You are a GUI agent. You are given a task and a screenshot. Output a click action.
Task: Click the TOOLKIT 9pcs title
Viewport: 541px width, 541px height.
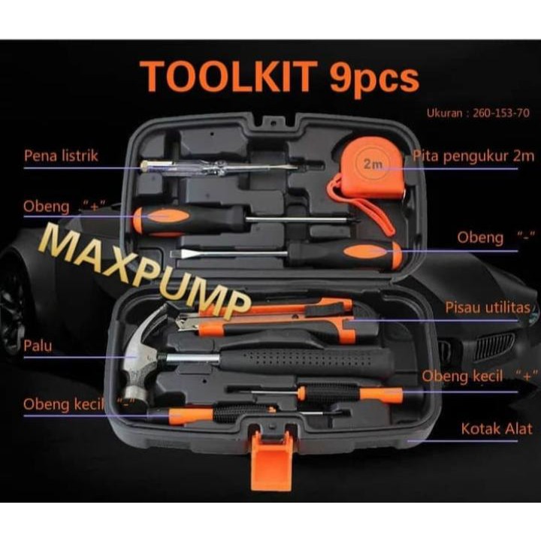pyautogui.click(x=279, y=77)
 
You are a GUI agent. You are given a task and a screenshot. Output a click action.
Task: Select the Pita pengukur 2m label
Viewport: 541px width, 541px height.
pyautogui.click(x=473, y=156)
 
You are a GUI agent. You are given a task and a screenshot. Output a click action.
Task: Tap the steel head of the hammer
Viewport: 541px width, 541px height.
pyautogui.click(x=140, y=361)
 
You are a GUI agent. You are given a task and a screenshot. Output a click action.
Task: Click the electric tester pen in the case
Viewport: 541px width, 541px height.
pyautogui.click(x=218, y=166)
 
